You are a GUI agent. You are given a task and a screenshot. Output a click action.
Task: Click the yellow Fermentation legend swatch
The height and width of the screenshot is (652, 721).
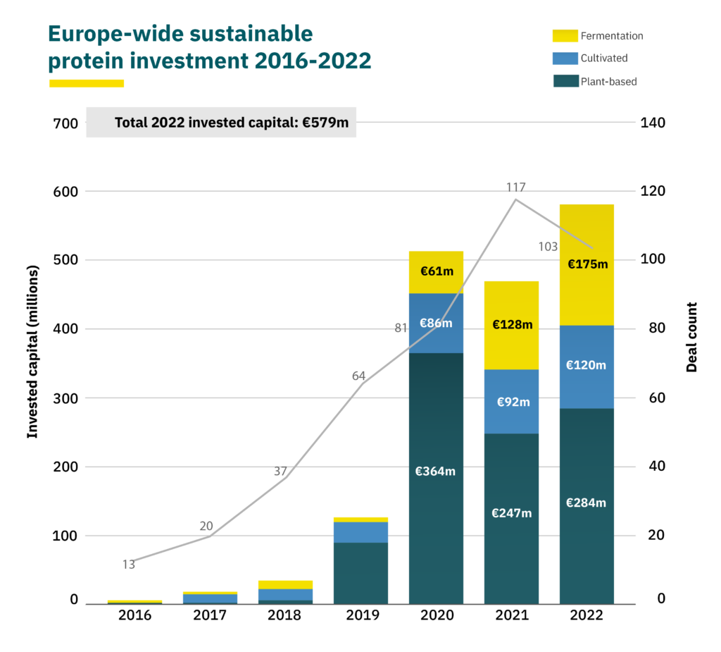pos(565,35)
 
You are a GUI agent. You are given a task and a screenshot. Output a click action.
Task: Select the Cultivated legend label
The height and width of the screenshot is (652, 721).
pos(603,58)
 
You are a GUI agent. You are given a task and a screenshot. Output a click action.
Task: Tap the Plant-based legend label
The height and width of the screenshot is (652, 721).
pos(608,81)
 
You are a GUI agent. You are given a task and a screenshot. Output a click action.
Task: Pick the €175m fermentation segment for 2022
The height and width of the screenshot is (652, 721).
pos(587,265)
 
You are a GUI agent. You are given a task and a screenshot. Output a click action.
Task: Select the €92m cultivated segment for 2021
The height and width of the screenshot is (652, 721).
pos(511,401)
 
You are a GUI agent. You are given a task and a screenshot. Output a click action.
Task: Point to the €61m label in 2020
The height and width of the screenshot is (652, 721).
pos(436,271)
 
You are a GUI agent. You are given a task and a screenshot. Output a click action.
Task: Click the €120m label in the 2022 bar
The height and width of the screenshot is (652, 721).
pos(587,365)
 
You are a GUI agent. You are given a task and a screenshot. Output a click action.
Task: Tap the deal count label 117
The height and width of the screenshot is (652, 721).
pos(516,187)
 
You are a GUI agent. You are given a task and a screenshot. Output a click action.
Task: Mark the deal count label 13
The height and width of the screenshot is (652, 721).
pos(129,564)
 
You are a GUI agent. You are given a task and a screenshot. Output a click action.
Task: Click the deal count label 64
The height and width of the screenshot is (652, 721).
pos(358,376)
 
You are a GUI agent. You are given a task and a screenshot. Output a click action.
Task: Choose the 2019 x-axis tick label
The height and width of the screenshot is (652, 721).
pos(360,615)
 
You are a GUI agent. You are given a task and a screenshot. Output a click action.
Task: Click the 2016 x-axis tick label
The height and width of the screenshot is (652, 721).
pos(134,615)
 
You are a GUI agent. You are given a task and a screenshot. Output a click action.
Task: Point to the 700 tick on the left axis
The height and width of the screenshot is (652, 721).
pos(65,123)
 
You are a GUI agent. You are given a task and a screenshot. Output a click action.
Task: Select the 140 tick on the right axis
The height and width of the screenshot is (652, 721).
pos(653,123)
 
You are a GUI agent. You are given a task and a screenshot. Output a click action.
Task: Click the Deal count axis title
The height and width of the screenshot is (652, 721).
pos(691,337)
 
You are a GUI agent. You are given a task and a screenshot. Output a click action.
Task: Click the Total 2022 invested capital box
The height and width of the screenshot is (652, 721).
pos(221,123)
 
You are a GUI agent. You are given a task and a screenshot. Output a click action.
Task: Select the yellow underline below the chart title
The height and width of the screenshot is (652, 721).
pos(86,83)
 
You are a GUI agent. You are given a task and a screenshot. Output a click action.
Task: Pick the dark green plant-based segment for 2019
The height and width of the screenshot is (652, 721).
pos(360,572)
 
